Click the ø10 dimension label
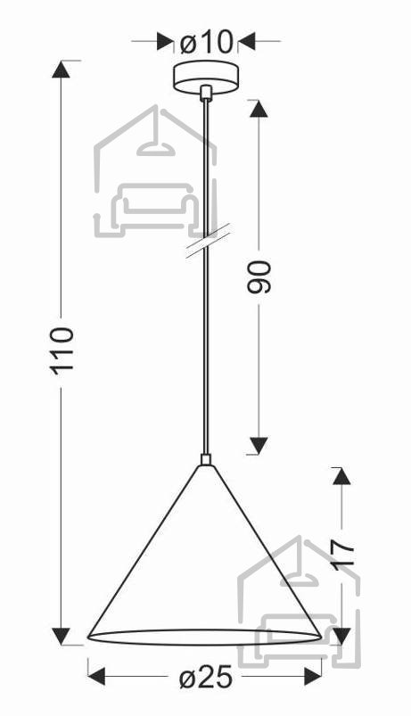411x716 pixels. [x=207, y=43]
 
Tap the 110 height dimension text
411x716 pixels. [x=62, y=351]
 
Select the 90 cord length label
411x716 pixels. [x=259, y=276]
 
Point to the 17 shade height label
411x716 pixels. [x=342, y=553]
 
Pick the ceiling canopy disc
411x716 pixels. [x=206, y=77]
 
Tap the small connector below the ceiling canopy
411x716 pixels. [x=207, y=93]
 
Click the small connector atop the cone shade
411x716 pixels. [x=207, y=459]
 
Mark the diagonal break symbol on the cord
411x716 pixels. [x=208, y=242]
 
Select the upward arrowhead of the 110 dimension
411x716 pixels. [x=62, y=69]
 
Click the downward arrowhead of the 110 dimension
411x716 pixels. [x=62, y=636]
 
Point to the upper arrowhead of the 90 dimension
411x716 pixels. [x=259, y=109]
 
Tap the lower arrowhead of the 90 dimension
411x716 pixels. [x=259, y=446]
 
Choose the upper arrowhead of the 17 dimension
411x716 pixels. [x=341, y=476]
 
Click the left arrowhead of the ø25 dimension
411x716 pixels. [x=96, y=676]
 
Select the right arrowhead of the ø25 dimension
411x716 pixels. [x=313, y=676]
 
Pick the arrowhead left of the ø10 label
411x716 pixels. [x=166, y=41]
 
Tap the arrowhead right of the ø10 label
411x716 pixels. [x=247, y=41]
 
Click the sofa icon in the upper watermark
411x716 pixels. [x=154, y=204]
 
